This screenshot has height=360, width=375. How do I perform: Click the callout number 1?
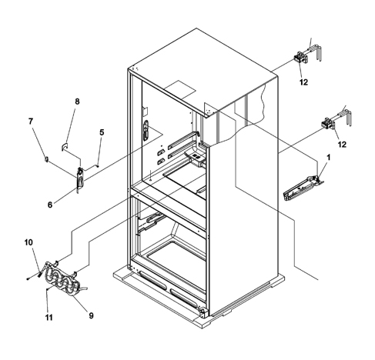pos(328,158)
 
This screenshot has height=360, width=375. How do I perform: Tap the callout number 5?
pos(102,132)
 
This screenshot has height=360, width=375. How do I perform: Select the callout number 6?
pos(50,205)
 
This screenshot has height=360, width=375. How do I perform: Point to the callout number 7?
pos(31,121)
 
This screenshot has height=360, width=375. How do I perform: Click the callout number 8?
pos(77,102)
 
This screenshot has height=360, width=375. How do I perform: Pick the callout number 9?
pos(91,315)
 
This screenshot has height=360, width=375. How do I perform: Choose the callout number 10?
pos(28,242)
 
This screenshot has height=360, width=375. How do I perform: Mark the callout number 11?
pos(49,318)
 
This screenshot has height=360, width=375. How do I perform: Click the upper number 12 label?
pos(303,82)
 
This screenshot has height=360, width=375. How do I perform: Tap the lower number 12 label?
pos(342,145)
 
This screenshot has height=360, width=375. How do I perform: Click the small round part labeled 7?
pos(46,159)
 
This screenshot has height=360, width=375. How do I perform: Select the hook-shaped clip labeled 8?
pos(64,147)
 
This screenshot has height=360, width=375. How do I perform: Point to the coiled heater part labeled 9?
pos(64,279)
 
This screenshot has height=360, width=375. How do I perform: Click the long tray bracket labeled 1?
pos(303,188)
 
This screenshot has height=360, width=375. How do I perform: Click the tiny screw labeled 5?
pos(98,165)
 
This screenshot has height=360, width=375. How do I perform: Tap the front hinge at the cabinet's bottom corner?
pos(204,312)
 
